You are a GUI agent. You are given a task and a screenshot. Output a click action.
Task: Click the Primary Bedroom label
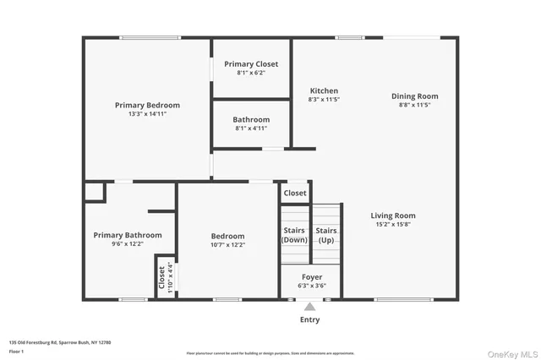click(147, 106)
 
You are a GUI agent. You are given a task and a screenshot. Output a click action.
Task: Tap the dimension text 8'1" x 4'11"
click(251, 128)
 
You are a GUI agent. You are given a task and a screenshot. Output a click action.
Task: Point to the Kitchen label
click(324, 91)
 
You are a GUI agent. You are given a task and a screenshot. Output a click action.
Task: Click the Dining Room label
click(414, 96)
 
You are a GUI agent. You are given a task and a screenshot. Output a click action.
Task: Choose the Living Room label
click(393, 215)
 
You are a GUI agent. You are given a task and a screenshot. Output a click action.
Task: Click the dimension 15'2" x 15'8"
click(393, 225)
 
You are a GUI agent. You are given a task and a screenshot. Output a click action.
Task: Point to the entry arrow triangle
click(309, 307)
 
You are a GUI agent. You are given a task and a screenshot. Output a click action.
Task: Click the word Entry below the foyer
click(309, 320)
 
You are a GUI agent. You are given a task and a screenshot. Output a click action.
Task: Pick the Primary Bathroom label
click(122, 235)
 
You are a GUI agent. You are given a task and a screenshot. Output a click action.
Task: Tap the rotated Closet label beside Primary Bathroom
click(161, 276)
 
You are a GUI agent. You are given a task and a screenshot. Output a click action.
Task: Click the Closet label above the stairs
click(295, 194)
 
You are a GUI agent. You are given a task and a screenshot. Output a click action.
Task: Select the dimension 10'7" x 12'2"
click(227, 245)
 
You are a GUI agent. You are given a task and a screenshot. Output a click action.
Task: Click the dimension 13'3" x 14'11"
click(147, 114)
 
